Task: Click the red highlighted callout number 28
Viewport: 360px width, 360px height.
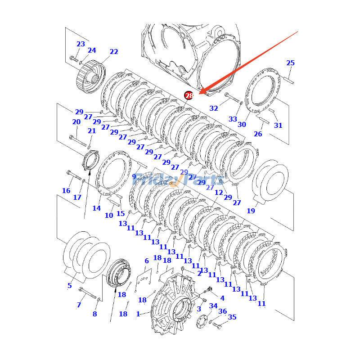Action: click(189, 95)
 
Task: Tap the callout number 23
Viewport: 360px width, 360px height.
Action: click(81, 44)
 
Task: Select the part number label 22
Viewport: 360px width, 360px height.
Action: click(114, 52)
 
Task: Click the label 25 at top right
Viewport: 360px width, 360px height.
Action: click(291, 63)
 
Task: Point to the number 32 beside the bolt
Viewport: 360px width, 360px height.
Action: click(214, 108)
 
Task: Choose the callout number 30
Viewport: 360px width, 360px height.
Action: click(242, 125)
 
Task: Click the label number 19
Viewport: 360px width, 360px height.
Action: click(251, 211)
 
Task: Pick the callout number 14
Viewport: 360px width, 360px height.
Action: click(97, 208)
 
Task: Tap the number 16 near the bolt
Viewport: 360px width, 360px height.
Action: click(66, 191)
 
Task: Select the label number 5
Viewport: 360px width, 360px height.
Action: click(70, 286)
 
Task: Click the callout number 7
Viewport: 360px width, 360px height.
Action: click(79, 305)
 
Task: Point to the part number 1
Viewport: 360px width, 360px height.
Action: click(138, 314)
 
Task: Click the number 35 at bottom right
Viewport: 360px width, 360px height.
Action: click(232, 317)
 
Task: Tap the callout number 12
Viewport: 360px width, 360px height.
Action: click(219, 193)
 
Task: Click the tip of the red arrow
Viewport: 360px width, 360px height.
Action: click(200, 93)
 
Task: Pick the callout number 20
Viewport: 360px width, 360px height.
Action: click(76, 122)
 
